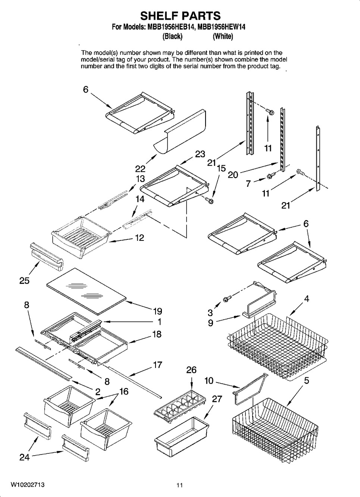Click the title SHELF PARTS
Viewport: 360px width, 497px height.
pyautogui.click(x=180, y=16)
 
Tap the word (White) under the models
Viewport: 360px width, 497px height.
pyautogui.click(x=223, y=37)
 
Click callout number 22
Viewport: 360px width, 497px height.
pyautogui.click(x=140, y=169)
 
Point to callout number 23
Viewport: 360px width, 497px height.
pyautogui.click(x=200, y=154)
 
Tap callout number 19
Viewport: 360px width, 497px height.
pyautogui.click(x=157, y=311)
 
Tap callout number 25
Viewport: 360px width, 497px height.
pyautogui.click(x=24, y=281)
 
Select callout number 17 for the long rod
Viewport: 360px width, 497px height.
pyautogui.click(x=158, y=364)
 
